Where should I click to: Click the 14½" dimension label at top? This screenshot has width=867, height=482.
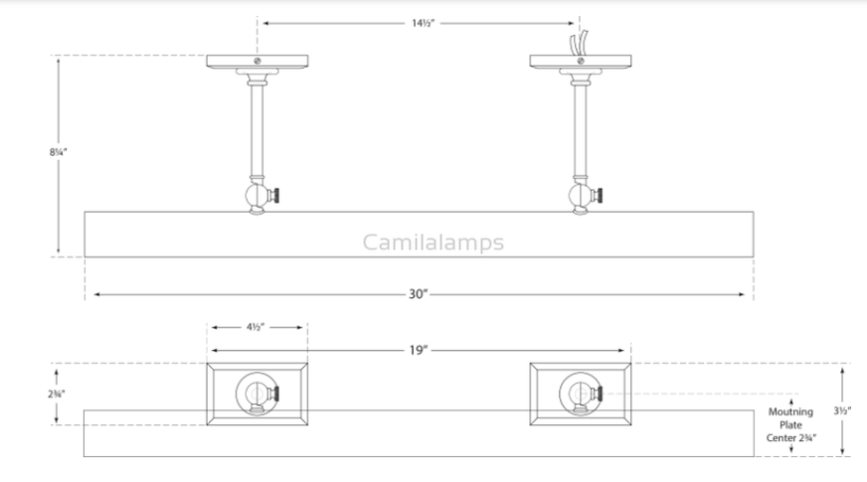pyautogui.click(x=418, y=21)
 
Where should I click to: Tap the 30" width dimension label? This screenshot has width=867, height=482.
pyautogui.click(x=418, y=294)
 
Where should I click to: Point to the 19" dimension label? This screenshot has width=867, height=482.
pyautogui.click(x=418, y=350)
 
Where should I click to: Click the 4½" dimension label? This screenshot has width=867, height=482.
pyautogui.click(x=256, y=326)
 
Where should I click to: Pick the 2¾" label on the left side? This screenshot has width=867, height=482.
pyautogui.click(x=57, y=394)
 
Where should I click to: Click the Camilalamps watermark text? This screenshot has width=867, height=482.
pyautogui.click(x=433, y=241)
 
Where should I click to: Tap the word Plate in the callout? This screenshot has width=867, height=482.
pyautogui.click(x=790, y=423)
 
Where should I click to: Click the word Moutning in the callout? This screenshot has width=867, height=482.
pyautogui.click(x=790, y=410)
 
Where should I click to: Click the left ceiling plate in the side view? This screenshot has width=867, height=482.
pyautogui.click(x=257, y=62)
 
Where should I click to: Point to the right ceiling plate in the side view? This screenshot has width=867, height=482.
pyautogui.click(x=580, y=62)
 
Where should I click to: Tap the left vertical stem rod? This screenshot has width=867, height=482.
pyautogui.click(x=257, y=129)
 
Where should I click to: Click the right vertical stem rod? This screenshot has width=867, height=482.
pyautogui.click(x=580, y=129)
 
